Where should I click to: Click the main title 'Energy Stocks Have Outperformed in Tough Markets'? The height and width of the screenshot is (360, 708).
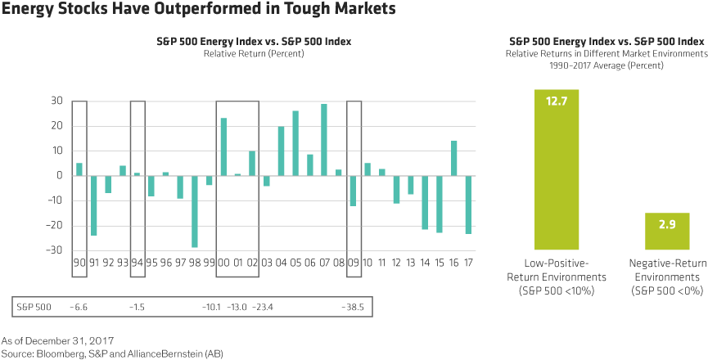point(199,11)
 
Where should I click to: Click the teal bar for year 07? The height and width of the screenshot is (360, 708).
point(324,139)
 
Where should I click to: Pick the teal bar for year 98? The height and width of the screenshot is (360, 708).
point(195,211)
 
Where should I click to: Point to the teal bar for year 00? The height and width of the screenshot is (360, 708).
point(223,146)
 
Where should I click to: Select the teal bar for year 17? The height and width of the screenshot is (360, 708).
point(468,205)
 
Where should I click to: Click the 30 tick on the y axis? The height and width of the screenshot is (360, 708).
point(56,101)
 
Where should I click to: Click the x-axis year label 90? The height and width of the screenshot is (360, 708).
point(79,263)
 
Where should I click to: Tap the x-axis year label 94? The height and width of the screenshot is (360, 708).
point(138,263)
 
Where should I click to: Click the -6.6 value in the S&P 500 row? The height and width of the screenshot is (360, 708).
point(79,307)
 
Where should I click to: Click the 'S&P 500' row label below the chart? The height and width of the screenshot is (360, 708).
point(34,307)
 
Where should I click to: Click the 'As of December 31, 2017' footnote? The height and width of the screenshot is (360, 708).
point(57,340)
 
